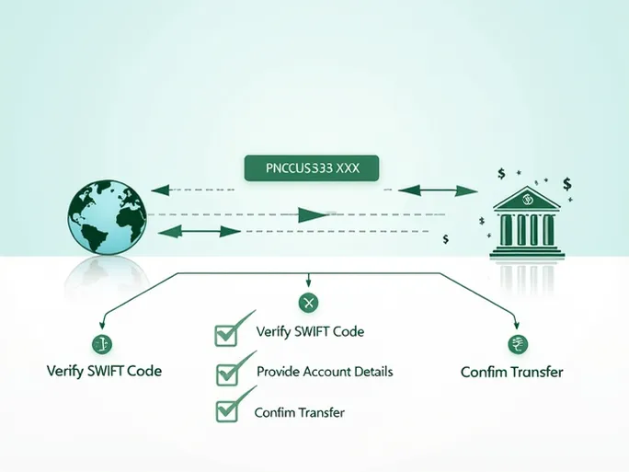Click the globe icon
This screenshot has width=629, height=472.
tap(107, 217)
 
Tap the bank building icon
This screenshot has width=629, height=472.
tap(527, 222)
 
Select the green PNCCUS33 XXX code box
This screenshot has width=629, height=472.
tap(312, 168)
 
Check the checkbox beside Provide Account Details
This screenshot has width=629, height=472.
tap(227, 373)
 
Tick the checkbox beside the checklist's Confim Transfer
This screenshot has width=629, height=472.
tap(227, 412)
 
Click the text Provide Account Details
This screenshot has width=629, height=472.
tap(325, 372)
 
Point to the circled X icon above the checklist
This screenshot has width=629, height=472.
tap(308, 302)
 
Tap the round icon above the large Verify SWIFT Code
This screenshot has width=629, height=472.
tap(101, 344)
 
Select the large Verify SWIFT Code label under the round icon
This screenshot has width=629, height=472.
tap(104, 372)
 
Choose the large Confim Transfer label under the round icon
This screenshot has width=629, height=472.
tap(511, 373)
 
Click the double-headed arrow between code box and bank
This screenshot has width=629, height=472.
tap(437, 190)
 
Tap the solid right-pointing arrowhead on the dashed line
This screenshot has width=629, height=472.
tap(314, 215)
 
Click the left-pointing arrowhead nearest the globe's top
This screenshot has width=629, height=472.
tap(160, 191)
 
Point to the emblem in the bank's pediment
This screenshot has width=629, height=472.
tap(527, 197)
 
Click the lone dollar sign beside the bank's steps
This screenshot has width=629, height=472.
tap(446, 239)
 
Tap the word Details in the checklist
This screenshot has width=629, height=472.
tap(372, 372)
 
